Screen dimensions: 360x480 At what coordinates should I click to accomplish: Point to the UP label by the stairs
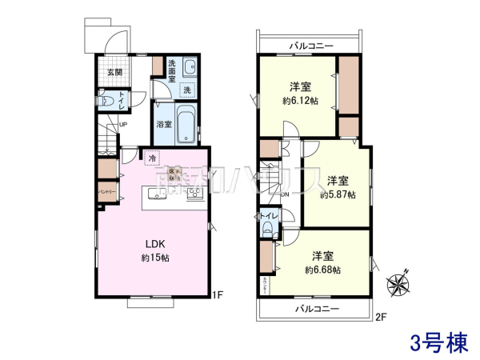(x=123, y=125)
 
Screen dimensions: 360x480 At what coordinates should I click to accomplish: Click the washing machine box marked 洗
(x=186, y=90)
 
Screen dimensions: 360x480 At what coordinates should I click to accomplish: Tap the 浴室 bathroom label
(x=164, y=125)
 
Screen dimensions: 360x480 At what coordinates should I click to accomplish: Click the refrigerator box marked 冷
(x=151, y=158)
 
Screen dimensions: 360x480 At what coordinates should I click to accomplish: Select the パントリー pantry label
(x=108, y=193)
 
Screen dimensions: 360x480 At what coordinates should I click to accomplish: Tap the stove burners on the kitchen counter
(x=194, y=194)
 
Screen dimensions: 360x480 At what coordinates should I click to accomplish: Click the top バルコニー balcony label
(x=311, y=46)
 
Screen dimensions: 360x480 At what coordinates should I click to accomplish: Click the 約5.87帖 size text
(x=338, y=194)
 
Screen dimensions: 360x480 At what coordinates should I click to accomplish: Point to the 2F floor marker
(x=381, y=317)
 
